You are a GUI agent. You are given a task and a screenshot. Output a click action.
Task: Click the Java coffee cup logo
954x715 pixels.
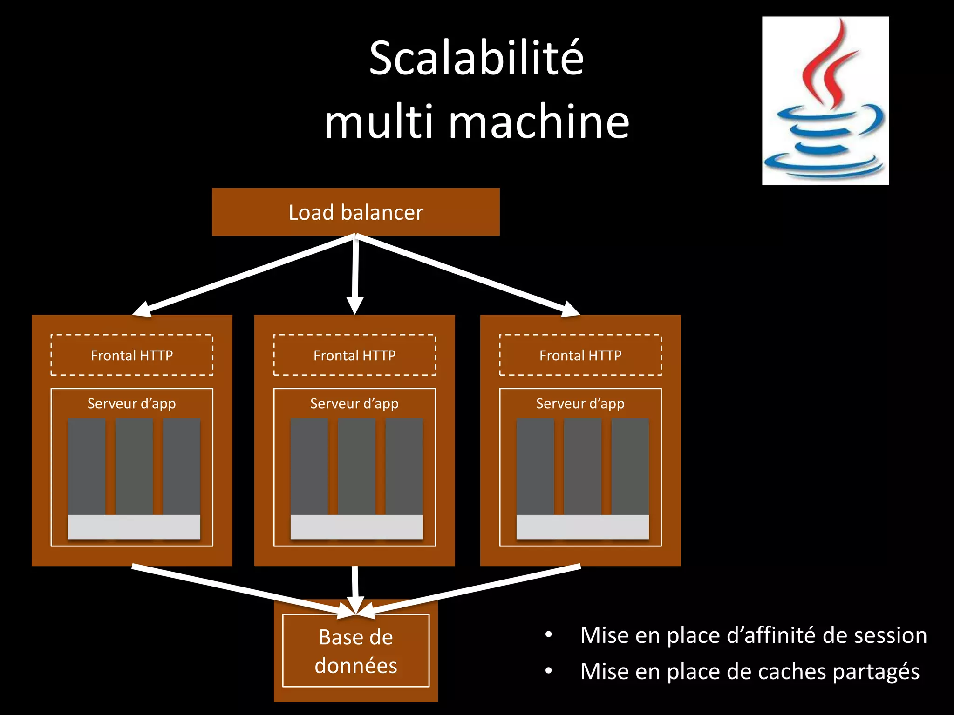coord(825,101)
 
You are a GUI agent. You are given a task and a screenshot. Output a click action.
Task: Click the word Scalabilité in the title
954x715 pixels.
coord(476,58)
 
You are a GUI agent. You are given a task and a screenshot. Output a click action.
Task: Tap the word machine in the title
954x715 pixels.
coord(539,122)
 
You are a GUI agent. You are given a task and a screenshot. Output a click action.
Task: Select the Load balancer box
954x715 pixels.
coord(355,212)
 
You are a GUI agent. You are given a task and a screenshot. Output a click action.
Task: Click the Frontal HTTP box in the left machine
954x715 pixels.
coord(132,355)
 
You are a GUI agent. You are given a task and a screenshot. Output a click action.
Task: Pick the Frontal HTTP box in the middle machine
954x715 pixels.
coord(354,355)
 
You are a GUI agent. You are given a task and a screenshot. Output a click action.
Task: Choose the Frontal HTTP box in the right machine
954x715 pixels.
coord(580,355)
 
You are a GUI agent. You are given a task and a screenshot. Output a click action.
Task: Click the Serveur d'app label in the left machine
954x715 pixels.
coord(132,403)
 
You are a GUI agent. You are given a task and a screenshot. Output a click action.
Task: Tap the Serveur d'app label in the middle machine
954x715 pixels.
coord(354,403)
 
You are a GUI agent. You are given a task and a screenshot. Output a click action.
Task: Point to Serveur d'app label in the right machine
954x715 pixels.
coord(580,403)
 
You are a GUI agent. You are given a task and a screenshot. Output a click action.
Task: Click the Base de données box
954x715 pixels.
coord(355,651)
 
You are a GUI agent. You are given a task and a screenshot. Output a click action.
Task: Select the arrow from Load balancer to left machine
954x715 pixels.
coord(247,274)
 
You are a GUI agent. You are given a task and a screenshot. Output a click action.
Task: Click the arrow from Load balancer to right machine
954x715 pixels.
coord(466,274)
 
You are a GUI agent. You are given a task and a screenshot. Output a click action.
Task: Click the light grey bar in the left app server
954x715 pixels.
coord(134,527)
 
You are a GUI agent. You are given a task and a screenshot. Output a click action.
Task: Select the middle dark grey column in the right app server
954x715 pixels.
coord(582,465)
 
